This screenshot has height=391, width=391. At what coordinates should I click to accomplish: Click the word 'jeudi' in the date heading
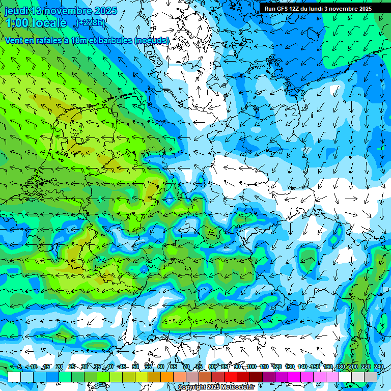pyautogui.click(x=16, y=10)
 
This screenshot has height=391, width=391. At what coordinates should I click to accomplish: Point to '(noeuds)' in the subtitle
pyautogui.click(x=151, y=40)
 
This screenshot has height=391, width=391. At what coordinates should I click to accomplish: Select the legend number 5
pyautogui.click(x=19, y=367)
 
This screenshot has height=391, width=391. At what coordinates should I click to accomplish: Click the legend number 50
pyautogui.click(x=135, y=367)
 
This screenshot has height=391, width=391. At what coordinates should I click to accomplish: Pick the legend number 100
pyautogui.click(x=251, y=367)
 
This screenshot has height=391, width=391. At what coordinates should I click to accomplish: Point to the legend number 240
pyautogui.click(x=378, y=367)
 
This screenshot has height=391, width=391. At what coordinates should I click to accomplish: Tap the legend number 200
pyautogui.click(x=353, y=367)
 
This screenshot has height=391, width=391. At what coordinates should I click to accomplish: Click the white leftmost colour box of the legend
pyautogui.click(x=14, y=377)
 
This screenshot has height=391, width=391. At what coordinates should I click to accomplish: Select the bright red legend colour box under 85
pyautogui.click(x=231, y=377)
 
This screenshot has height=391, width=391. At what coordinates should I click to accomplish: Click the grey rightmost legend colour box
pyautogui.click(x=371, y=377)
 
